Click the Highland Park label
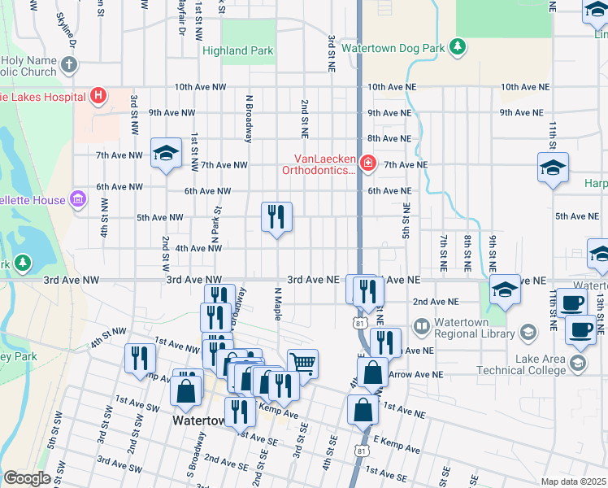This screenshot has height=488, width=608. [x=238, y=50]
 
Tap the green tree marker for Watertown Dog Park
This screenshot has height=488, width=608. [x=458, y=46]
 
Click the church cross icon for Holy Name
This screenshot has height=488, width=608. [x=70, y=64]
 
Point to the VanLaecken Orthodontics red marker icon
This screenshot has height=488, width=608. [x=367, y=164]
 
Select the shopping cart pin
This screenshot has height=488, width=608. [x=302, y=362]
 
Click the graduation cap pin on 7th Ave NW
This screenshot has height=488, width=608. [x=166, y=153]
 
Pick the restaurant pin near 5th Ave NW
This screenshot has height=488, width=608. [x=276, y=216]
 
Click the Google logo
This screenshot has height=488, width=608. [x=27, y=478]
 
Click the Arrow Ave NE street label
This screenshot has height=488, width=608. [x=415, y=374]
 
